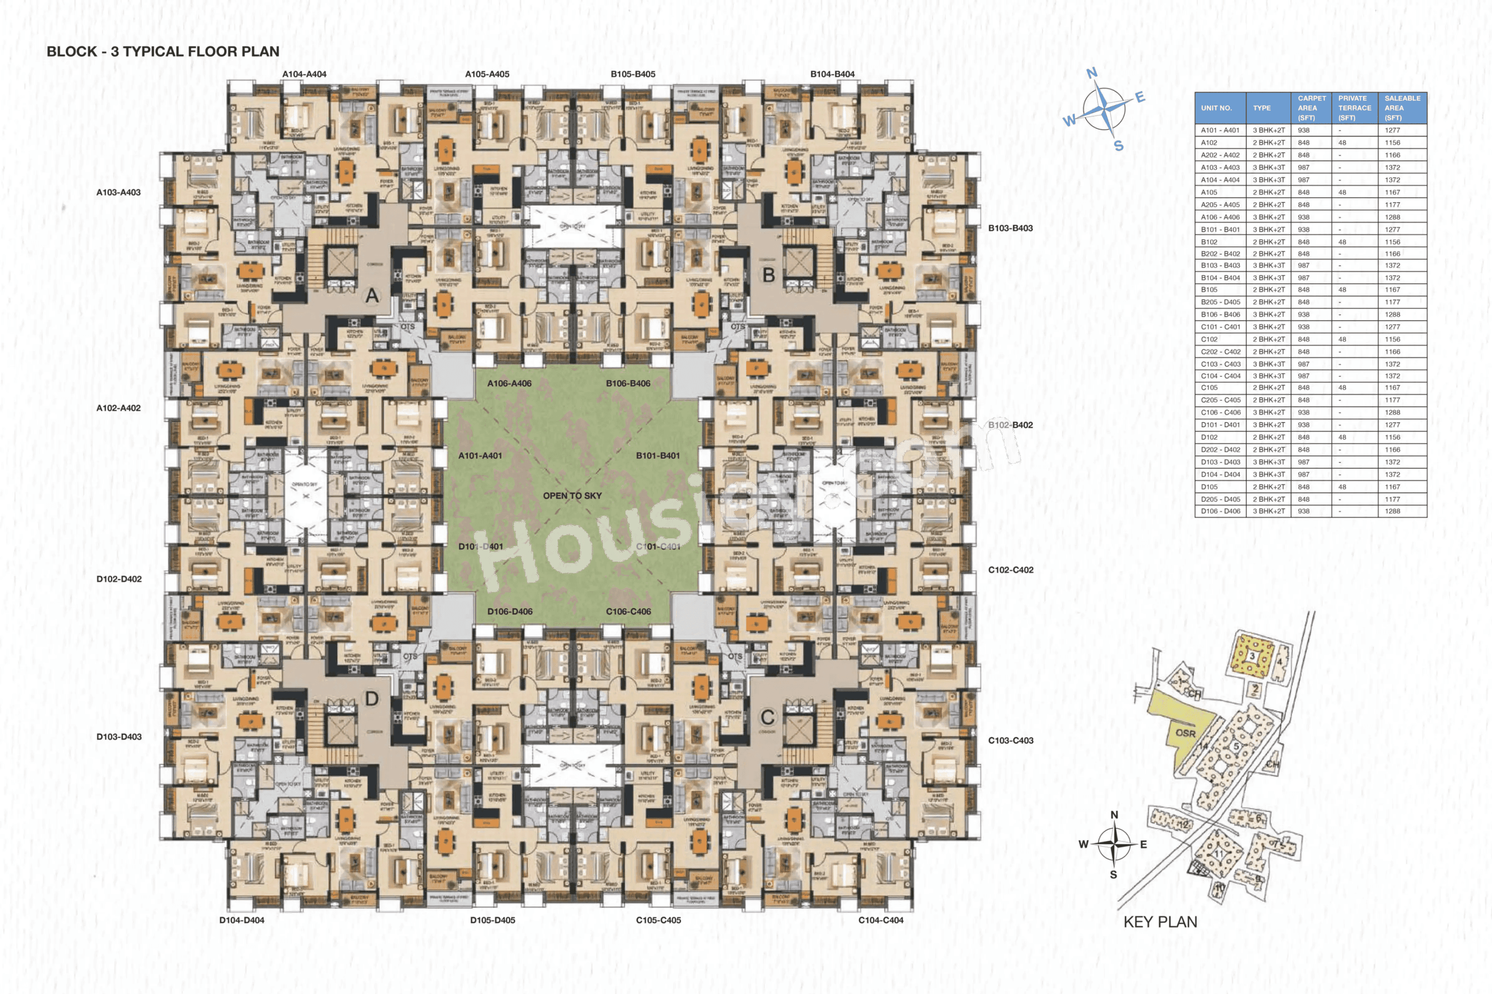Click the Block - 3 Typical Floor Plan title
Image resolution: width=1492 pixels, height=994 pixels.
tap(163, 51)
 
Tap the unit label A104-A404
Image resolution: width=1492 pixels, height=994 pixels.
tap(304, 74)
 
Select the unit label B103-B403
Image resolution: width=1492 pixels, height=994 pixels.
tap(1010, 228)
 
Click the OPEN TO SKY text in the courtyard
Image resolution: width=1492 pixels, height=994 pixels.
tap(572, 496)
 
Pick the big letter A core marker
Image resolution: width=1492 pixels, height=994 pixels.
tap(372, 296)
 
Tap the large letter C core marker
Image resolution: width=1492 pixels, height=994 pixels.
tap(767, 717)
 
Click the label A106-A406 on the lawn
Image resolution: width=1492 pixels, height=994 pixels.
tap(509, 383)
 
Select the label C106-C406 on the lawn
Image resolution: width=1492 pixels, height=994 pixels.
tap(628, 612)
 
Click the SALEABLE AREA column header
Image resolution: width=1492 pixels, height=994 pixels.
tap(1401, 108)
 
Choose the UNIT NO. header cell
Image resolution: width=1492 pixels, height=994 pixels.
tap(1216, 108)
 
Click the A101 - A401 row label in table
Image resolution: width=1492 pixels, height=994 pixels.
tap(1219, 131)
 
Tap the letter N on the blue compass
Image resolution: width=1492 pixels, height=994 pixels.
tap(1092, 73)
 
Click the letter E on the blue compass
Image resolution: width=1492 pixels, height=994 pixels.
tap(1140, 97)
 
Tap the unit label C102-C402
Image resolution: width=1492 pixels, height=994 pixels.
tap(1010, 570)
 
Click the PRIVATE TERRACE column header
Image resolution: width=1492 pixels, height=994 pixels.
tap(1354, 108)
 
